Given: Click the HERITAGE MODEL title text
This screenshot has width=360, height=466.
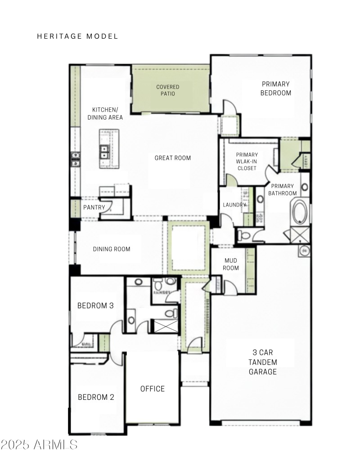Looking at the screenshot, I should tap(77, 36).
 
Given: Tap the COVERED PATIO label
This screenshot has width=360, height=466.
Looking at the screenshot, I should tap(167, 90).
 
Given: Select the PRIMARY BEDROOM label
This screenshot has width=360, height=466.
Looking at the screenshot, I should tap(275, 89).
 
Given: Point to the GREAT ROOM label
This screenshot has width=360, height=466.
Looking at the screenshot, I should tap(172, 158).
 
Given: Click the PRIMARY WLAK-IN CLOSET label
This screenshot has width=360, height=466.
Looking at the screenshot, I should tap(246, 161).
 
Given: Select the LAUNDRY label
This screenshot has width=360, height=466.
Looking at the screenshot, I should tap(234, 205).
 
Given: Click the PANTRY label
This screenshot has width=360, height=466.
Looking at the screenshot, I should tap(94, 207).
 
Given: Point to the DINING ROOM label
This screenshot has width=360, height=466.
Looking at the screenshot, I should tap(112, 249).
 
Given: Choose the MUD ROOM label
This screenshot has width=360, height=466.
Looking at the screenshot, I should tap(230, 264).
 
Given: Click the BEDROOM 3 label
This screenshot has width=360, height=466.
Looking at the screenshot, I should tap(95, 306).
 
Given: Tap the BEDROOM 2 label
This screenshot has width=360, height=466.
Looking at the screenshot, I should tap(96, 397).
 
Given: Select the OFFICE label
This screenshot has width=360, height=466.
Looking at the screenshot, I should tap(153, 389).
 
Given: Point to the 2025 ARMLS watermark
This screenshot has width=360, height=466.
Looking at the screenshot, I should tap(39, 445).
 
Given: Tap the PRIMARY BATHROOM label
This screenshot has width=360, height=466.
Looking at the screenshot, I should tap(282, 190).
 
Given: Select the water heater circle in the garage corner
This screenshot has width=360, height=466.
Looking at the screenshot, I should tap(305, 251).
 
